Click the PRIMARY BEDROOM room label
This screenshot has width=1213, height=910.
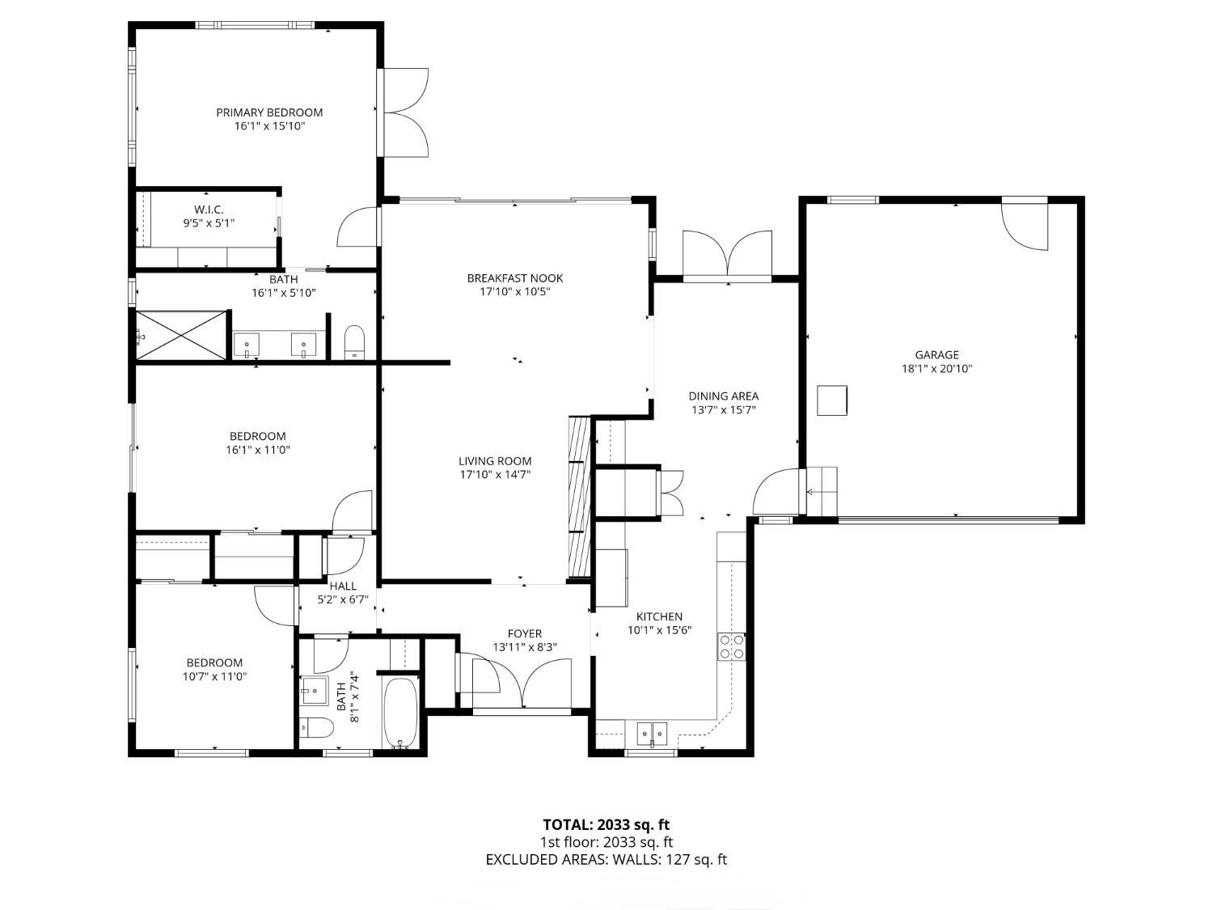pyautogui.click(x=269, y=112)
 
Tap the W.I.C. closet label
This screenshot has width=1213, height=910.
pyautogui.click(x=208, y=210)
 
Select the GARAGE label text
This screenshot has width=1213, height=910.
pyautogui.click(x=936, y=354)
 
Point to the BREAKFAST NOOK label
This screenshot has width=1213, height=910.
pyautogui.click(x=514, y=278)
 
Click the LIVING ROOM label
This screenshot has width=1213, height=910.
pyautogui.click(x=495, y=461)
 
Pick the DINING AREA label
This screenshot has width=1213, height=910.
pyautogui.click(x=723, y=396)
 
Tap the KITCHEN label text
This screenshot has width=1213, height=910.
pyautogui.click(x=659, y=616)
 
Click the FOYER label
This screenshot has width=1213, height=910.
pyautogui.click(x=524, y=633)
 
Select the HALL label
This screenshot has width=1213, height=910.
pyautogui.click(x=343, y=586)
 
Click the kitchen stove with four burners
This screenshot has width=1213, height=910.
pyautogui.click(x=731, y=646)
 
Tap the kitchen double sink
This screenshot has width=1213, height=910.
pyautogui.click(x=652, y=734)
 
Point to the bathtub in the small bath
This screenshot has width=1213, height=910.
pyautogui.click(x=399, y=713)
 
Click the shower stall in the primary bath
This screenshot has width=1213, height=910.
pyautogui.click(x=182, y=334)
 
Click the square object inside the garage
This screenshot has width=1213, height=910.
pyautogui.click(x=831, y=400)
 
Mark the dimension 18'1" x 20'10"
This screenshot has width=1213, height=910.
pyautogui.click(x=936, y=369)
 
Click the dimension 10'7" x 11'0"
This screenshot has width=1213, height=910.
pyautogui.click(x=214, y=677)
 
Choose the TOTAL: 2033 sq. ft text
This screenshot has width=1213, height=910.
pyautogui.click(x=606, y=825)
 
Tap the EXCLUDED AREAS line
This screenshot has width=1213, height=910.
pyautogui.click(x=606, y=859)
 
